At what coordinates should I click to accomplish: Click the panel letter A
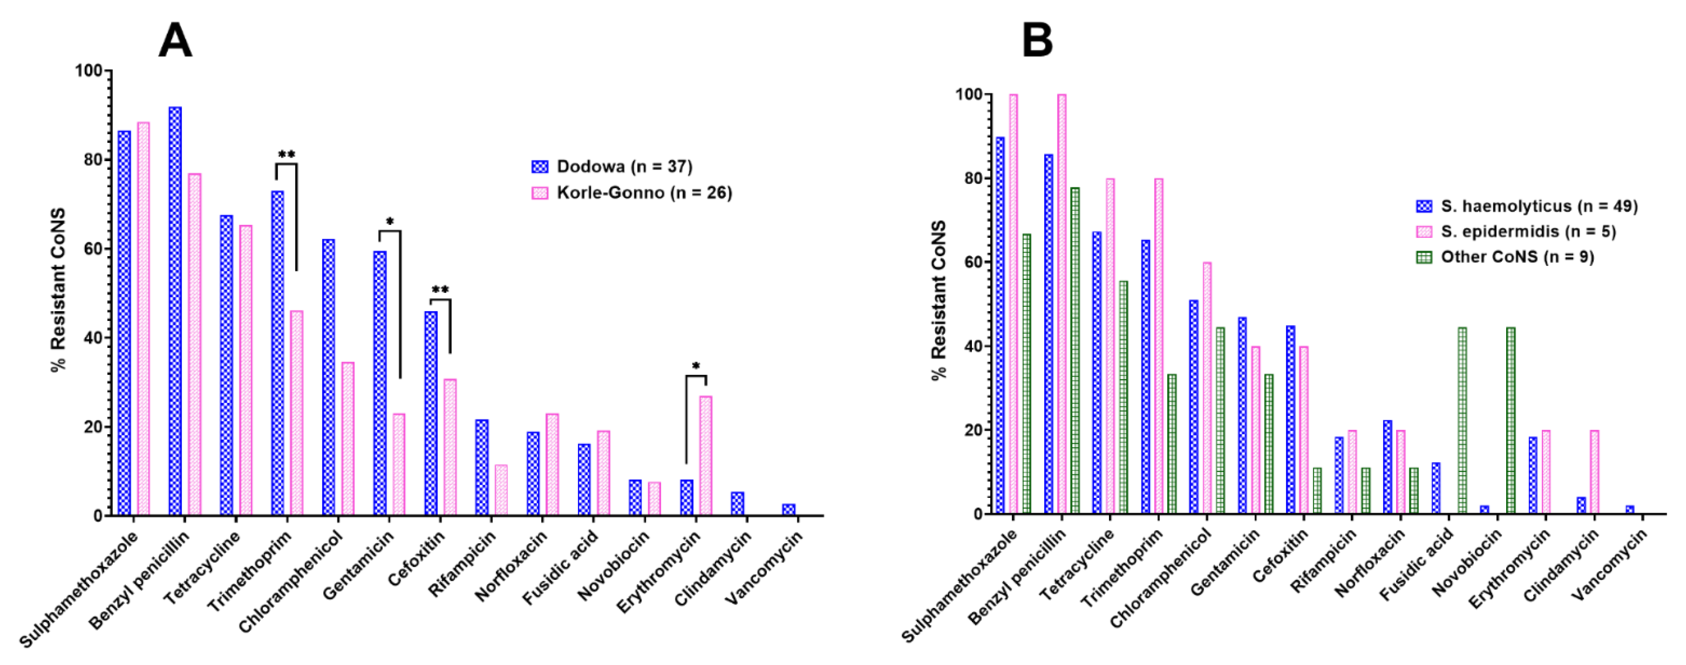tap(175, 40)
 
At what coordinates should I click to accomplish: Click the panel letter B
tap(1037, 40)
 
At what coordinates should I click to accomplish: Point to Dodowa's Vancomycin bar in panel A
tap(789, 509)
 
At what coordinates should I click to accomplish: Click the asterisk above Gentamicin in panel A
tap(390, 222)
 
